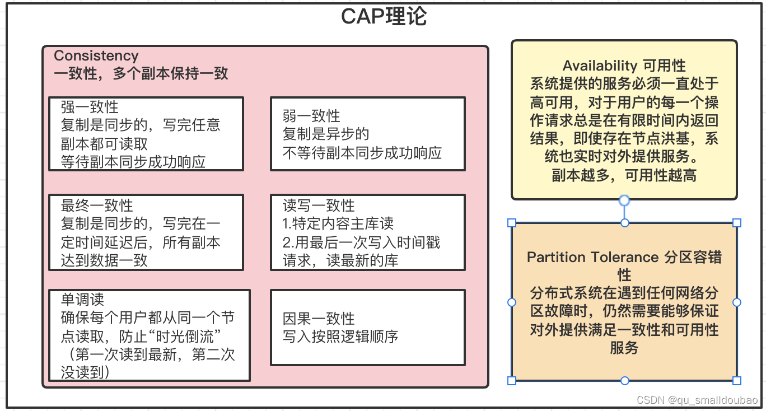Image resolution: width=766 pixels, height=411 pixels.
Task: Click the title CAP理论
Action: (384, 17)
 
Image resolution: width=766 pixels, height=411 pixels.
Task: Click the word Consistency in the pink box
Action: (96, 55)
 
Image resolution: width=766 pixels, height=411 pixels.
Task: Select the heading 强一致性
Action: (90, 107)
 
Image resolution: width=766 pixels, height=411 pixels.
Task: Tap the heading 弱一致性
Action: (311, 116)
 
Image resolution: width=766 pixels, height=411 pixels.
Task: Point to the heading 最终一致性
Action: (97, 205)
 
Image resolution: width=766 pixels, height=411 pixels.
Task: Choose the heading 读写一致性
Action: (319, 205)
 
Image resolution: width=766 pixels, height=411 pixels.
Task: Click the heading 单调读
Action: (82, 300)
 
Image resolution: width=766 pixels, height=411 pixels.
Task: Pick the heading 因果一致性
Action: (319, 319)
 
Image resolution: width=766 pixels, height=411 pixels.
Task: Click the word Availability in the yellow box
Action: (600, 66)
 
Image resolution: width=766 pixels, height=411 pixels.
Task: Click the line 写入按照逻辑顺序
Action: (340, 337)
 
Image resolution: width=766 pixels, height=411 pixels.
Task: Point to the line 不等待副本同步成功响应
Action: (362, 152)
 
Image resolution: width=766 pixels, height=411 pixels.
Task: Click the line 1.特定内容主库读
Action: (338, 224)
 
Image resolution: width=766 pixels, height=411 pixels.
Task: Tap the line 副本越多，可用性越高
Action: (624, 175)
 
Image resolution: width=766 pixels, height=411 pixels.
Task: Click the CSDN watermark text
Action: (697, 400)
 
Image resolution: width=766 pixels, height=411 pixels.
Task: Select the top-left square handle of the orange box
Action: (511, 223)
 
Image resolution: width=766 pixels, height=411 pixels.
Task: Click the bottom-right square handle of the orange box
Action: (737, 381)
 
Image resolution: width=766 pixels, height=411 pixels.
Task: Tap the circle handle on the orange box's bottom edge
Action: (624, 381)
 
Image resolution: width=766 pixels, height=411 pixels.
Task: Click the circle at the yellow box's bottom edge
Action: (624, 200)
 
